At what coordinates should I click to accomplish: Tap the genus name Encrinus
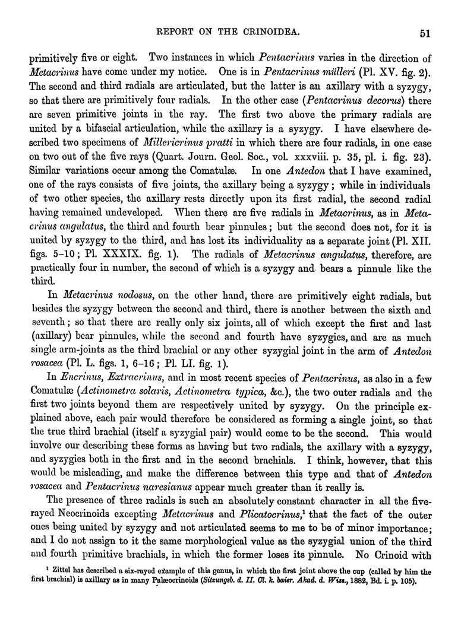coord(74,377)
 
